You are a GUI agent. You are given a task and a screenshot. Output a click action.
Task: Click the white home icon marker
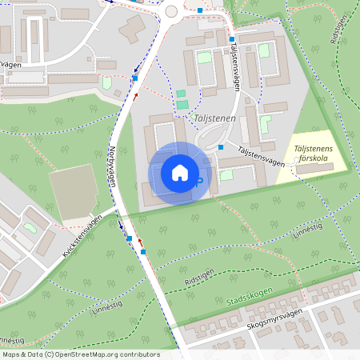(179, 173)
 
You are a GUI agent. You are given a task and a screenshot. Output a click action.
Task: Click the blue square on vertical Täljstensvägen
(232, 39)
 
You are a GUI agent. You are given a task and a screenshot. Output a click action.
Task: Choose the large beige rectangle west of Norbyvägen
(73, 192)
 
